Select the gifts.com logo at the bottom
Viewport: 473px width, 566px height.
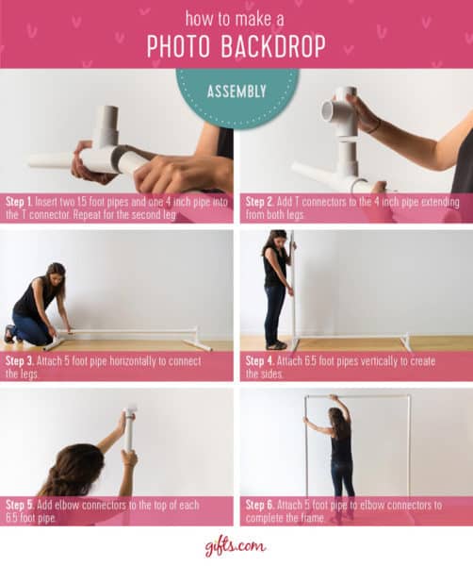click(x=235, y=546)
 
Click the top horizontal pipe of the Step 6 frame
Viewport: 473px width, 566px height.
click(x=358, y=396)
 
